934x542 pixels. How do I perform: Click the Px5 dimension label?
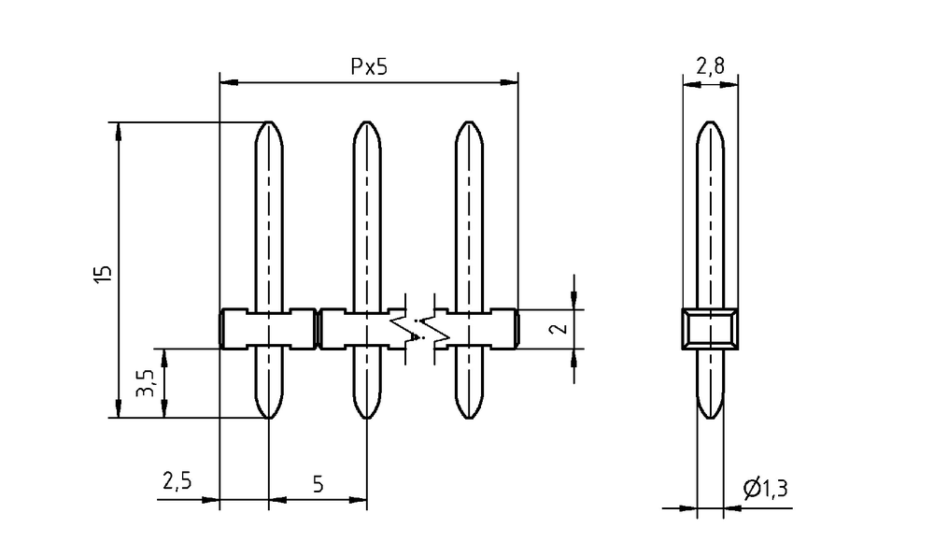[369, 66]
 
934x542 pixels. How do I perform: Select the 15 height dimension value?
[103, 273]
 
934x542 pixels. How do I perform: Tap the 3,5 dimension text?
[145, 383]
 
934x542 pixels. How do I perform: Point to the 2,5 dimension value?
[177, 480]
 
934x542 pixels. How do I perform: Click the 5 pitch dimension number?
[318, 483]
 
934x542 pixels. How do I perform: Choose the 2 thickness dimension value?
[560, 329]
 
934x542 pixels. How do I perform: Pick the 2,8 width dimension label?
[710, 65]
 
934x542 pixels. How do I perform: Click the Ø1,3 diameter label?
[766, 489]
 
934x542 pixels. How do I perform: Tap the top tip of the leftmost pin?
[269, 121]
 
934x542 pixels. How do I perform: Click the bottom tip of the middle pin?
[367, 419]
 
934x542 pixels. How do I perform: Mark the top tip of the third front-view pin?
[470, 121]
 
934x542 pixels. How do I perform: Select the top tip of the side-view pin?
[710, 121]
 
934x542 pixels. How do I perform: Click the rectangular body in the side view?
[710, 329]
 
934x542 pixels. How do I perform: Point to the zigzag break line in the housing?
[420, 329]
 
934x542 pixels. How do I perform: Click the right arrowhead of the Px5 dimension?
[509, 82]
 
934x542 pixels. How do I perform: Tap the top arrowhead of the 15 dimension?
[119, 131]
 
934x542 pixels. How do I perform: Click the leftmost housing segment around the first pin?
[268, 329]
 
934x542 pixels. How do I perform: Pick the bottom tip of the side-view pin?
[710, 419]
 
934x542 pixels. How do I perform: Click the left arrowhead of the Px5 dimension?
[230, 82]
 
